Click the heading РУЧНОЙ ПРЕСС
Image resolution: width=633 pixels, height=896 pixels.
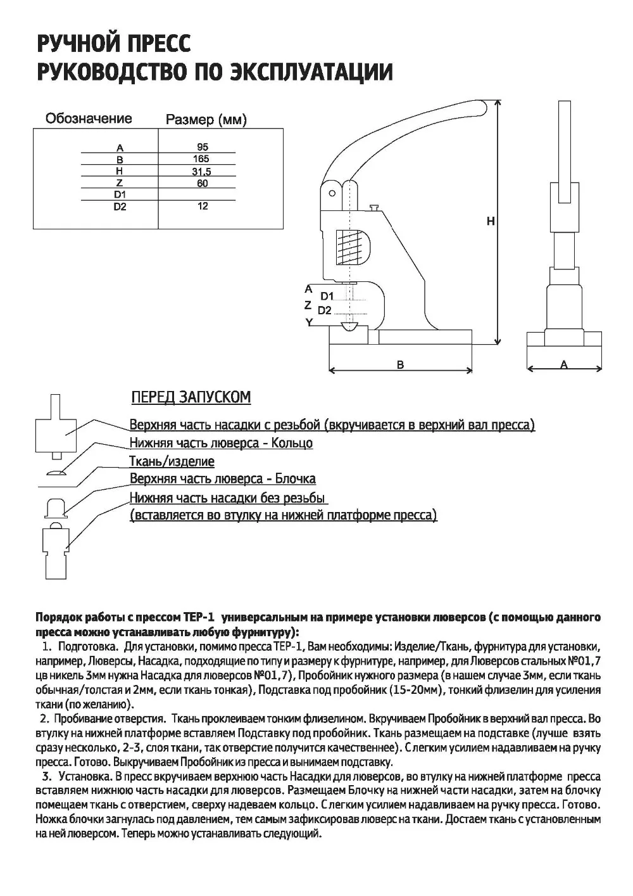(x=114, y=44)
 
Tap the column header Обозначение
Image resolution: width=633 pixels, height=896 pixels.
(x=89, y=118)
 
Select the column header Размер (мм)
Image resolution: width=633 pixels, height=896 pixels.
(x=206, y=120)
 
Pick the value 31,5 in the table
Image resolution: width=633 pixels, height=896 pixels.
(x=201, y=172)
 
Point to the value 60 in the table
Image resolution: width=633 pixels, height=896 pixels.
(x=202, y=183)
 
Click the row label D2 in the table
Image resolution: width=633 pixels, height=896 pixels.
(x=120, y=207)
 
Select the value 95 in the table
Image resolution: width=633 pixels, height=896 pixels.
(x=202, y=146)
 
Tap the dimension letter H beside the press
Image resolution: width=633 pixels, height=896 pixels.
(x=491, y=221)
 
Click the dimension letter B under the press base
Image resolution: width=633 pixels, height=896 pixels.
(x=400, y=364)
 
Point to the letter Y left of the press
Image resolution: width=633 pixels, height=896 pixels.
(x=309, y=322)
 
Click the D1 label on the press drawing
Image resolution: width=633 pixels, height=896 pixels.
(x=327, y=296)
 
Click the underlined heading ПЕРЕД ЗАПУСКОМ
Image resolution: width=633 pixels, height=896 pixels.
(x=191, y=397)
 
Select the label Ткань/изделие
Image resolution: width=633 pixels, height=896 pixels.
(x=172, y=461)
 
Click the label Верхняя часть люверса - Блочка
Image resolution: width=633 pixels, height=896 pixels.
(x=222, y=478)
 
